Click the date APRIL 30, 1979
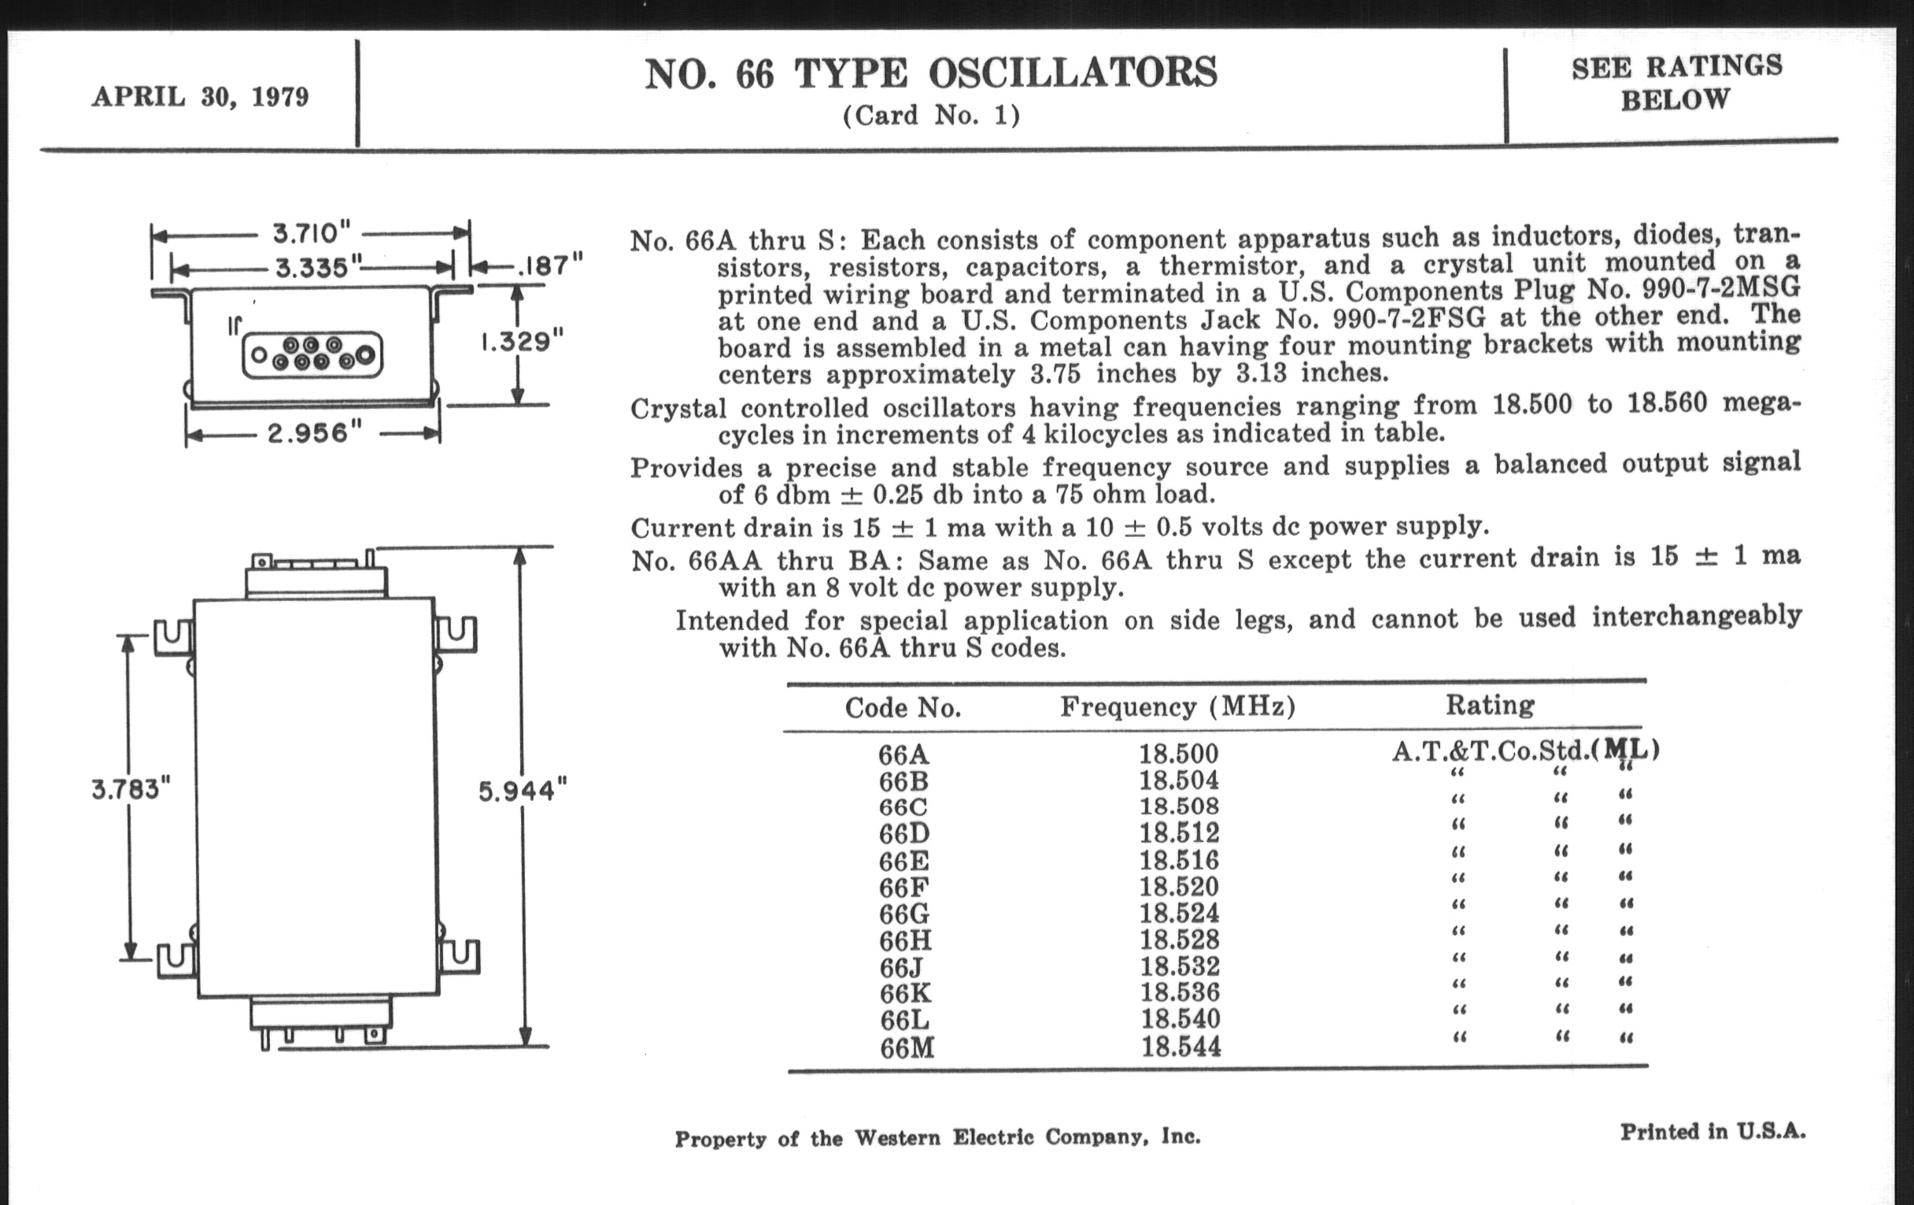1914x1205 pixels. [201, 97]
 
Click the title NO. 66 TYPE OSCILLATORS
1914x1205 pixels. [931, 74]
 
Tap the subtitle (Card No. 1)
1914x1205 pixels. [931, 116]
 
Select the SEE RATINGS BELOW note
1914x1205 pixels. [1676, 83]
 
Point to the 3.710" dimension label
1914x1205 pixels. [311, 234]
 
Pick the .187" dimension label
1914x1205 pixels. [550, 265]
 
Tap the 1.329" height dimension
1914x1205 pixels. [522, 342]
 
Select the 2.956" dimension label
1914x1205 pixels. [315, 432]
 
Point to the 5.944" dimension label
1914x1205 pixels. [523, 791]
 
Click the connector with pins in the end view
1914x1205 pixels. [312, 354]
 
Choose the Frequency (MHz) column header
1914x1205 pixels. [1177, 706]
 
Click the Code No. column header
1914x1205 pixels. [903, 707]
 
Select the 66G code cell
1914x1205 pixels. [903, 914]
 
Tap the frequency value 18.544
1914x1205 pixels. [1181, 1047]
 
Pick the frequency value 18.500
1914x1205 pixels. [1178, 753]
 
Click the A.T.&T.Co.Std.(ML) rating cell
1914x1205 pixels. [1524, 750]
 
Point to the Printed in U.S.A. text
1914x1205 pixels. [1713, 1131]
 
